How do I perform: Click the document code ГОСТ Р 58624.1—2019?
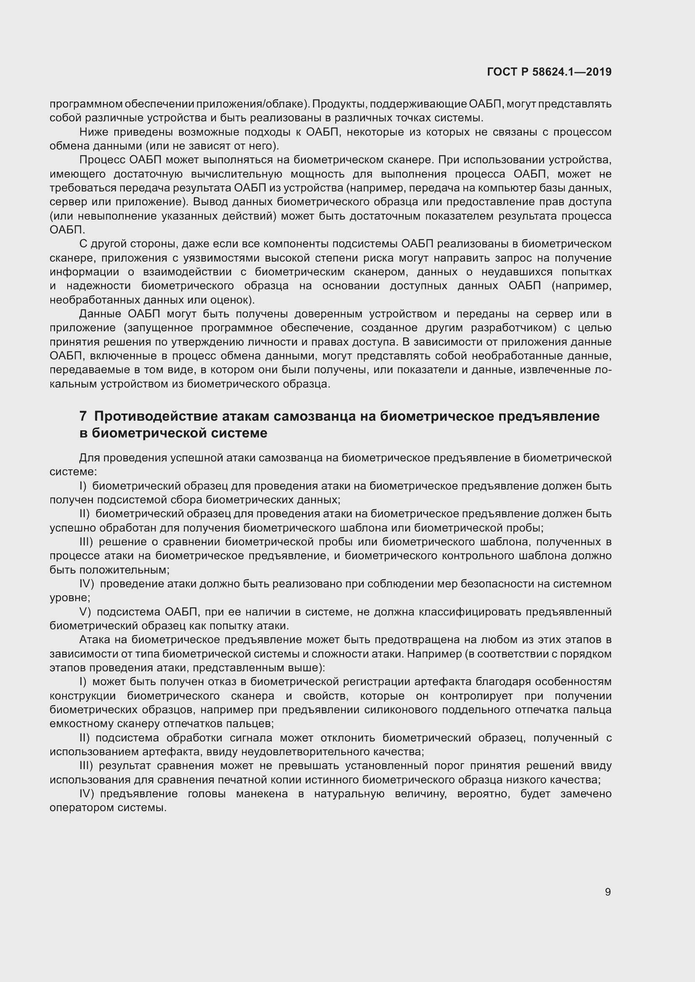[549, 72]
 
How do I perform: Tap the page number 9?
[608, 892]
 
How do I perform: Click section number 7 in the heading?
[83, 416]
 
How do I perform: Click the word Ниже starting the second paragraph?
[92, 132]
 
